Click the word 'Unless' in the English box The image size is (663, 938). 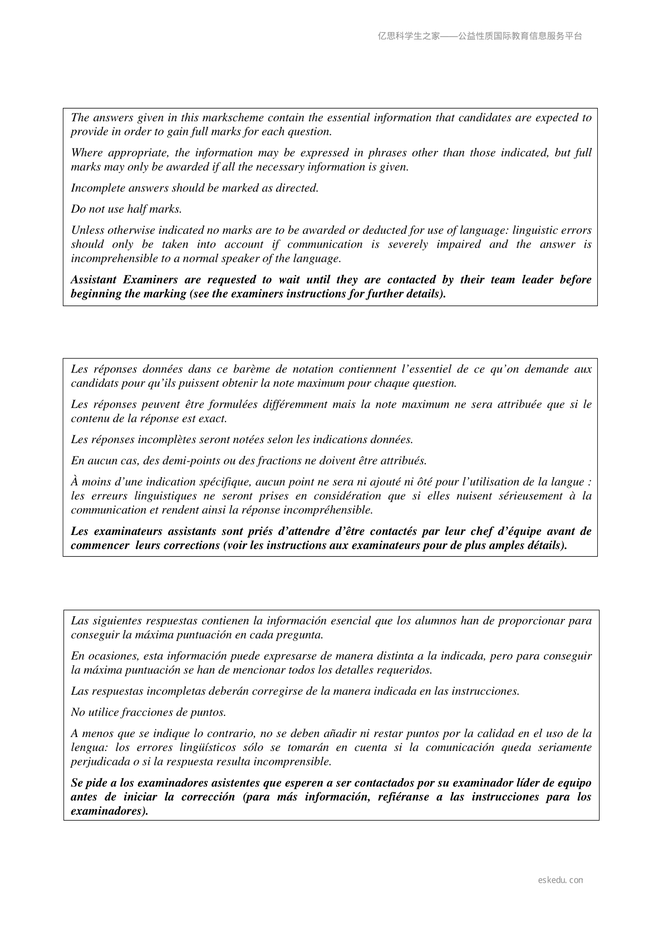[87, 230]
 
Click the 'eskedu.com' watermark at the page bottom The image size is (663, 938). [561, 880]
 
